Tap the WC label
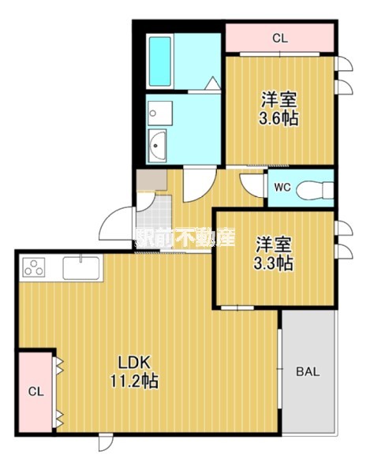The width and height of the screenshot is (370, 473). point(282,188)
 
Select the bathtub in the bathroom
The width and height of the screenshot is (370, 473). point(160,61)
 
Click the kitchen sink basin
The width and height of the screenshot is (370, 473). point(81,268)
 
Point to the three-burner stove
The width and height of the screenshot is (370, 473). point(33,267)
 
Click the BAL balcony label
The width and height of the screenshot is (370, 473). point(308,371)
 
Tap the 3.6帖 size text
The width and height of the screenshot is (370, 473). point(278,118)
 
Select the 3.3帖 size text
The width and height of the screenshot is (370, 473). point(273,263)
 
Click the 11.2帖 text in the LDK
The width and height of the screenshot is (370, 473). point(134,382)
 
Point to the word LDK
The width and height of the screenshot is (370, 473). point(134,363)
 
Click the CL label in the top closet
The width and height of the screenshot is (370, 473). point(280,39)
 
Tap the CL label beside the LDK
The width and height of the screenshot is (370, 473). point(36,392)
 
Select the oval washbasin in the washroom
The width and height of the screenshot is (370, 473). point(157,146)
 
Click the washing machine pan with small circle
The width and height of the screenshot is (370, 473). point(160,114)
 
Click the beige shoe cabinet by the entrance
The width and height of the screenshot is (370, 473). point(151,180)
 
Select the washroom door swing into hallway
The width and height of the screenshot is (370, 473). point(200,185)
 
